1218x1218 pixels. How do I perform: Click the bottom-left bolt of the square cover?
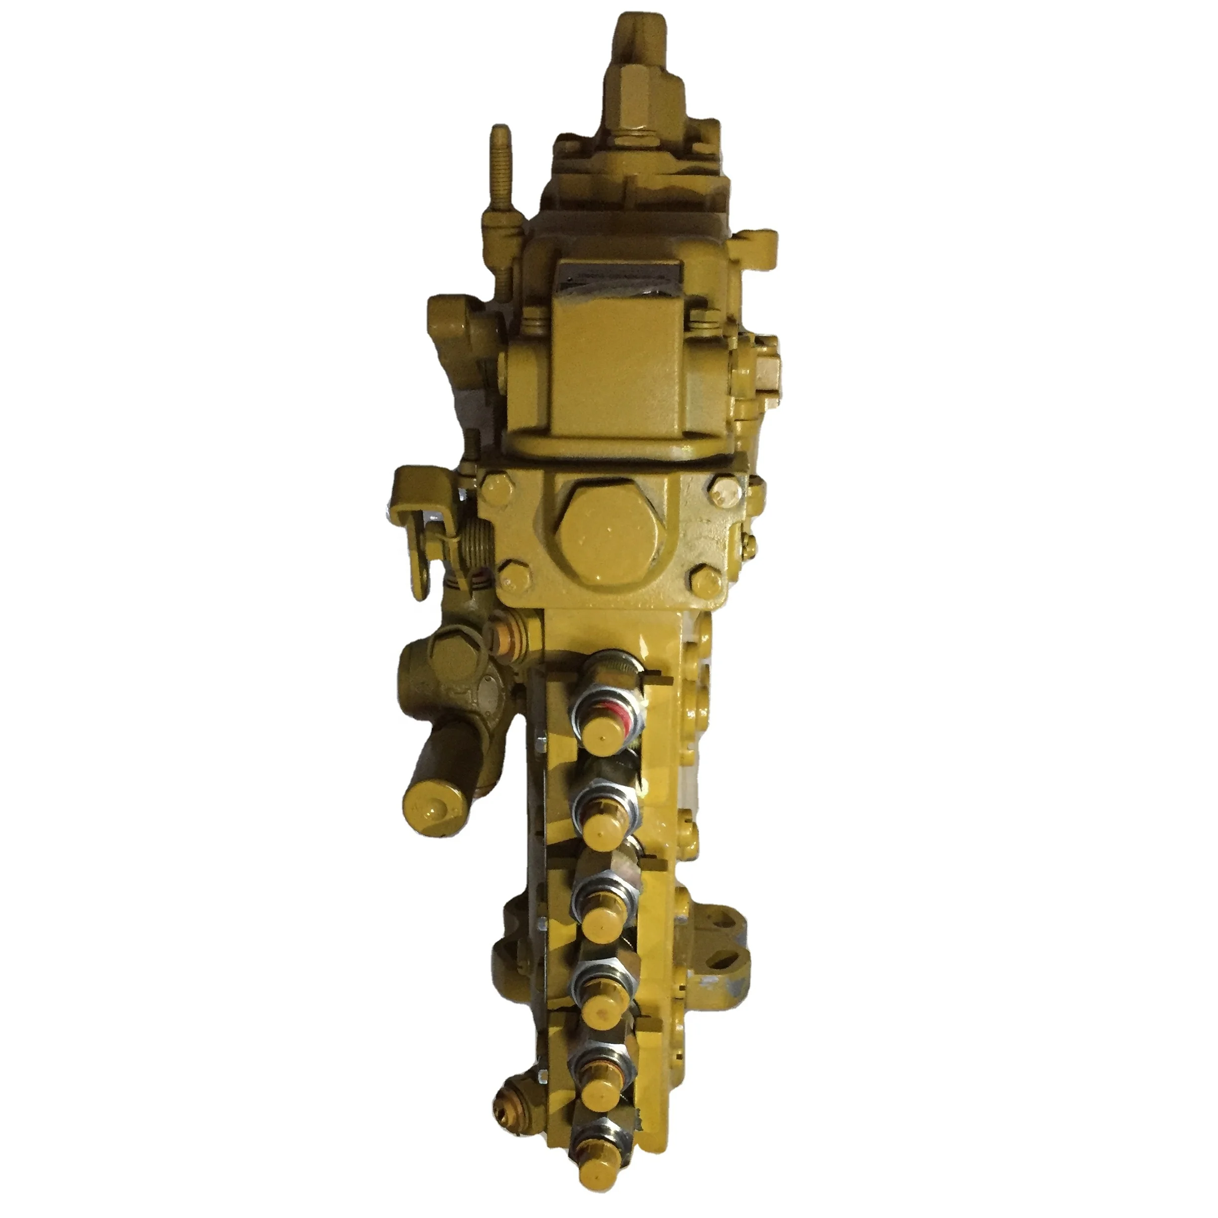click(x=510, y=575)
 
